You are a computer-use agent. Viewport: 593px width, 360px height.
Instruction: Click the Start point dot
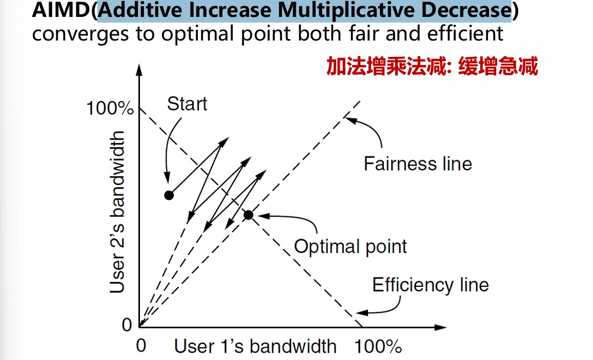pos(169,195)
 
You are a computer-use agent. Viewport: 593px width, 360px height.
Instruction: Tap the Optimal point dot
pos(248,215)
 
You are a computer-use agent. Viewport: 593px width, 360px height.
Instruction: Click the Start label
pos(187,104)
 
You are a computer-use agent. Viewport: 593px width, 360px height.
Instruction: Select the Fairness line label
pos(417,164)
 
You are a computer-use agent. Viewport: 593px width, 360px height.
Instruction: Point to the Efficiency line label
pos(430,285)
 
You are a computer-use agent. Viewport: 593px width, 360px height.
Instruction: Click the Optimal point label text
pos(350,247)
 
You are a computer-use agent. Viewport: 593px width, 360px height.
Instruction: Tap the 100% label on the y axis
pos(110,109)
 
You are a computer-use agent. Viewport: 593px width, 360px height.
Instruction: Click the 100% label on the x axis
pos(378,347)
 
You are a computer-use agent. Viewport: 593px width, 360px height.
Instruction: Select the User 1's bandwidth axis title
pos(255,347)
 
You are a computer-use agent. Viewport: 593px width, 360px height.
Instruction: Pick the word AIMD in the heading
pos(62,11)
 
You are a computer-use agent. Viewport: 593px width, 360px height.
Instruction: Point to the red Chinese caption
pos(432,67)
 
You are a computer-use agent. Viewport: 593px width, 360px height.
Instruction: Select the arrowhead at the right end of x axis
pos(442,327)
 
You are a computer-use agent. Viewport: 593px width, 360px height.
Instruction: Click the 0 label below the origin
pos(141,346)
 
